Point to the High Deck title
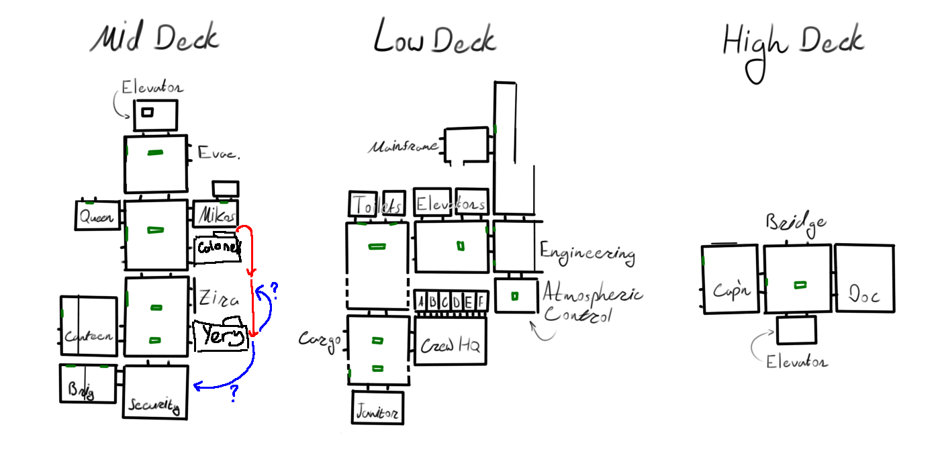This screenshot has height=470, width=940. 793,42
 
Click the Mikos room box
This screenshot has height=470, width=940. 216,215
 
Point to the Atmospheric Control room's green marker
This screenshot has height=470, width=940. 515,295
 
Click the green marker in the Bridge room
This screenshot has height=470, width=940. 799,285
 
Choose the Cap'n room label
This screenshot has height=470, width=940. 731,290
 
